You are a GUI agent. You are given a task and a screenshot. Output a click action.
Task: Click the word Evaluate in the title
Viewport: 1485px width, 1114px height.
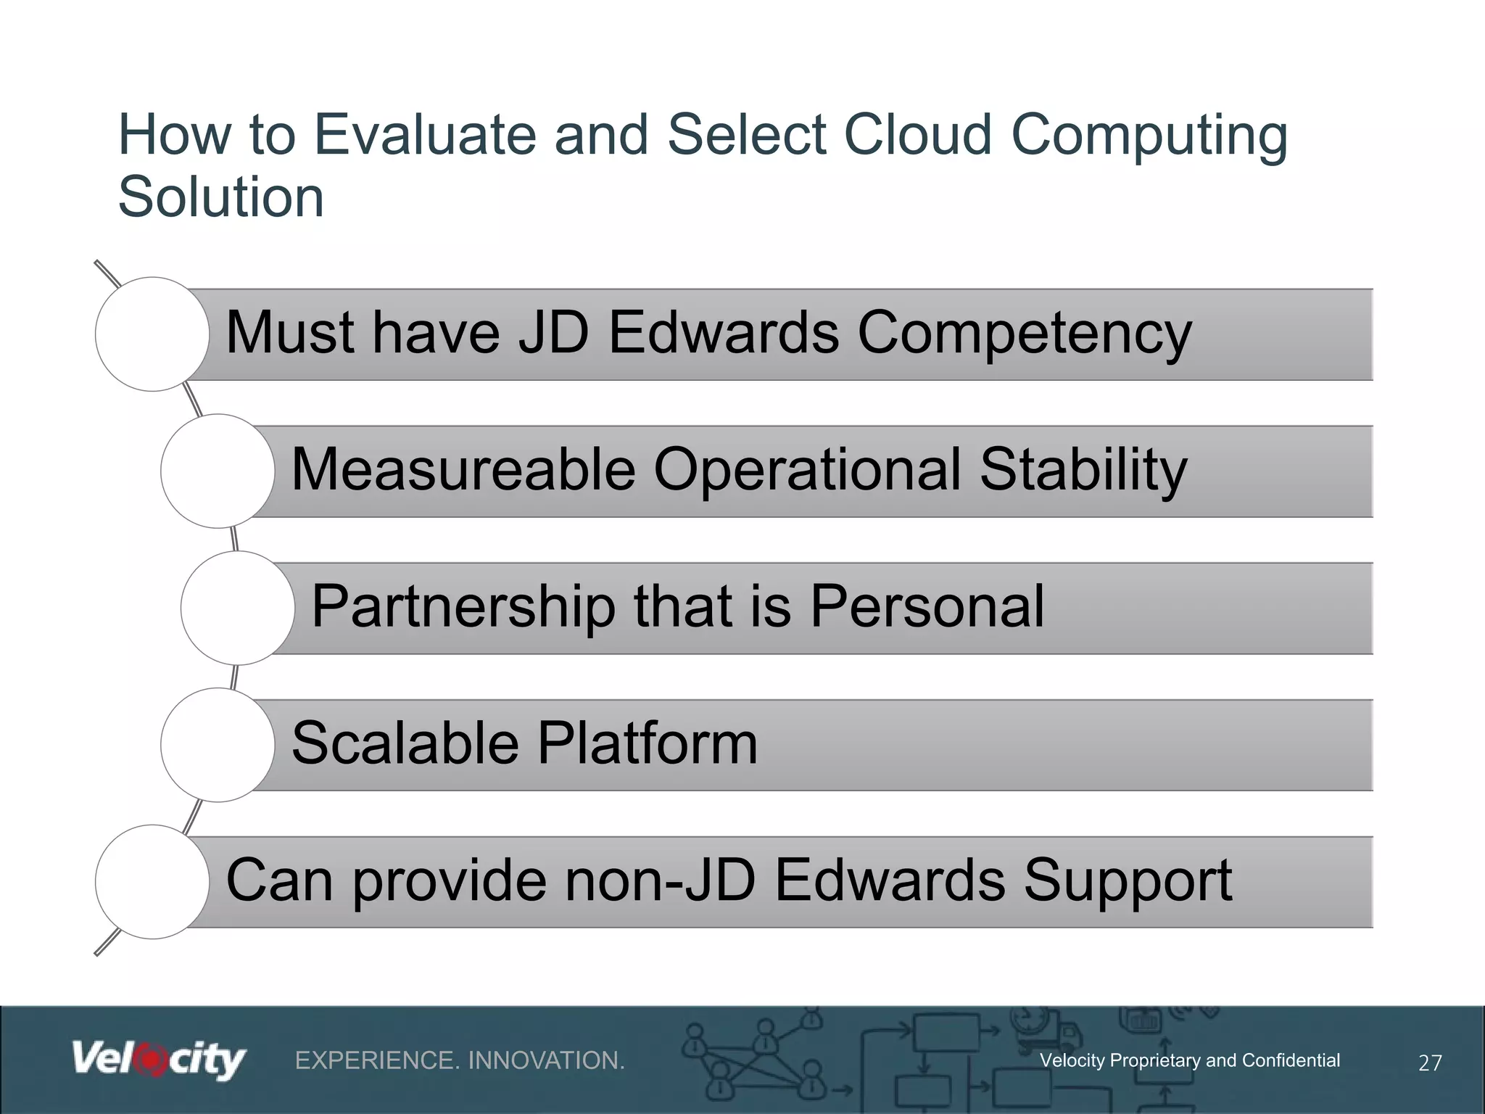tap(424, 135)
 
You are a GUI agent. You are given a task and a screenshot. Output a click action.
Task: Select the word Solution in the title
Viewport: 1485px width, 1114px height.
tap(220, 197)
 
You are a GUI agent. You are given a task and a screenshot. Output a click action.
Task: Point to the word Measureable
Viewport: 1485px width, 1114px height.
tap(463, 470)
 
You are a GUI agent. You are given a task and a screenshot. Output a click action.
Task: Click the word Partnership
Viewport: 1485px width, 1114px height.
tap(463, 608)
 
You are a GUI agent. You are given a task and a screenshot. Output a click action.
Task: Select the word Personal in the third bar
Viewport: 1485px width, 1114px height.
tap(927, 606)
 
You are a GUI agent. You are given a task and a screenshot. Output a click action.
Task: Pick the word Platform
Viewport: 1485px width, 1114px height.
tap(648, 743)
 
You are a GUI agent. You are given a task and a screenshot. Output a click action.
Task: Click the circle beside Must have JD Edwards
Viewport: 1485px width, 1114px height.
tap(152, 334)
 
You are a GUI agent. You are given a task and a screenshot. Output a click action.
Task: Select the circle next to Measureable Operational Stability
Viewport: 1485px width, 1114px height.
tap(218, 471)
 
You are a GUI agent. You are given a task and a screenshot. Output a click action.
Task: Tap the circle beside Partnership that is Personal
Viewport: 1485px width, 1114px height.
tap(238, 608)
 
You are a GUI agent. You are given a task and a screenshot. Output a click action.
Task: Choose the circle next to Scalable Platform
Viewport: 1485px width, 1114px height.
tap(218, 745)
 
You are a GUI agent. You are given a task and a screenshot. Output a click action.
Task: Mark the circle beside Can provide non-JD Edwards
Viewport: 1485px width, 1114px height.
tap(152, 882)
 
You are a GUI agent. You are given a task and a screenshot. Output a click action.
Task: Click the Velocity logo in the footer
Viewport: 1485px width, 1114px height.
tap(159, 1060)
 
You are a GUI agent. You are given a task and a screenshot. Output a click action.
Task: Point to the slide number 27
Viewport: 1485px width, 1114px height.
tap(1429, 1063)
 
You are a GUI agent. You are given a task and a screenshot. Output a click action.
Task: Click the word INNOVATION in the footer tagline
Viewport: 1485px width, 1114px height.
tap(546, 1061)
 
